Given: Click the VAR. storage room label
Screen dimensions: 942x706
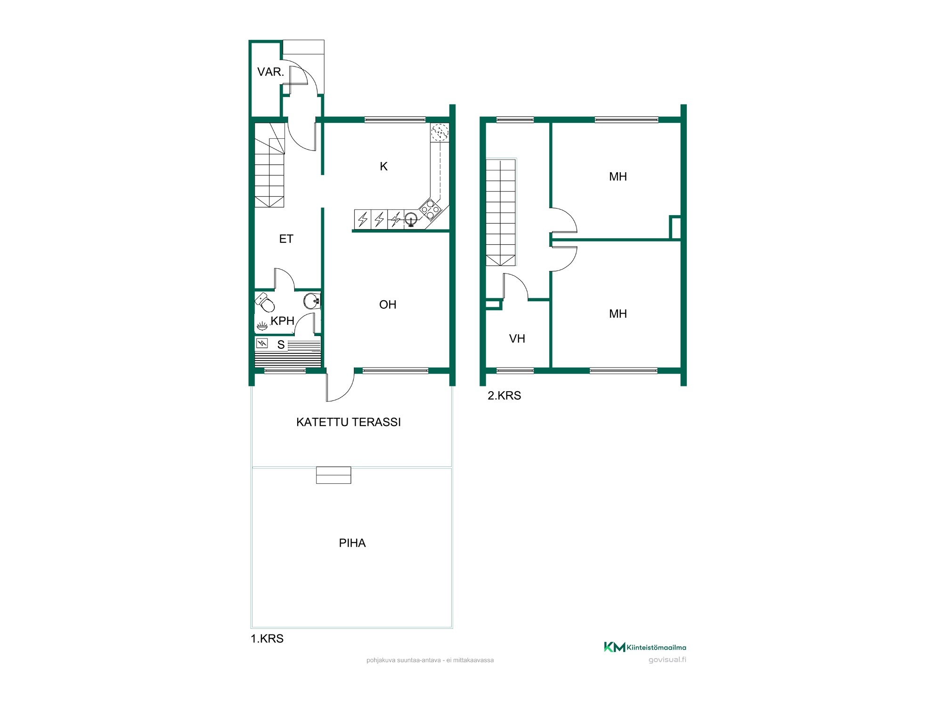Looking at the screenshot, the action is coord(270,72).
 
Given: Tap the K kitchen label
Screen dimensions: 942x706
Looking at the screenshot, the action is coord(384,166).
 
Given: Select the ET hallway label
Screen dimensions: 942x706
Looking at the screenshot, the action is coord(286,239).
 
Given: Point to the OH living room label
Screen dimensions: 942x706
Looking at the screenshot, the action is coord(388,305).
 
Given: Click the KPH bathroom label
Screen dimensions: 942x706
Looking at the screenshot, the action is coord(283,321).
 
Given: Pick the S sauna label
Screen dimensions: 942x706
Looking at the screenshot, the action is coord(281,345).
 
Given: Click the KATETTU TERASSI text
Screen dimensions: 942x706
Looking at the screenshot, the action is coord(349,422).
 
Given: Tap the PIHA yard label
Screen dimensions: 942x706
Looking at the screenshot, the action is coord(352,543).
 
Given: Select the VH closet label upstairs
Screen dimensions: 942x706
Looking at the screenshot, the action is coord(517,339).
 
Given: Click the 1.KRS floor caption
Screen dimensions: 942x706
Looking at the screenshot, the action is coord(267,639).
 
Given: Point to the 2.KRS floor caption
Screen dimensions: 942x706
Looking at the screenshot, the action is coord(504,396).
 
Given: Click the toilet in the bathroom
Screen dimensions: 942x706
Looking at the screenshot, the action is coord(265,302).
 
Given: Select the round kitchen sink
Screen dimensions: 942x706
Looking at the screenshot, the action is coord(411,218).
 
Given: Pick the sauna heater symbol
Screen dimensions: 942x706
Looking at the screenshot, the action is coord(262,344).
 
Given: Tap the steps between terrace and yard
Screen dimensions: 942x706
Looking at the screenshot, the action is coord(333,475).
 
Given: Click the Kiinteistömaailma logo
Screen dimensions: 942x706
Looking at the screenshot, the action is coord(645,647).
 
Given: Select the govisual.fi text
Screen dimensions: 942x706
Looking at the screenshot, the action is coord(667,660).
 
